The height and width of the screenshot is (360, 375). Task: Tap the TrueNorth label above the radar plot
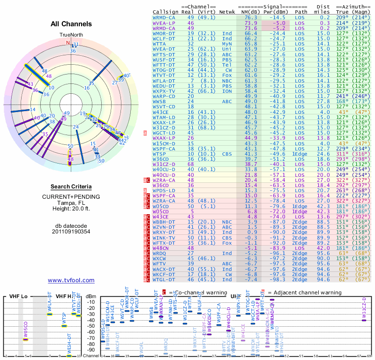pyautogui.click(x=71, y=35)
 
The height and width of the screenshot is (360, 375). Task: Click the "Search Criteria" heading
pyautogui.click(x=71, y=187)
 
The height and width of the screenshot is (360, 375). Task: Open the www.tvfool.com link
pyautogui.click(x=71, y=280)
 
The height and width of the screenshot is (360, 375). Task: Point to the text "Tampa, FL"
pyautogui.click(x=71, y=202)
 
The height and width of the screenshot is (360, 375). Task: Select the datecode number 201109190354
pyautogui.click(x=71, y=231)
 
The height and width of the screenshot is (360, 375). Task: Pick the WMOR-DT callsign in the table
pyautogui.click(x=164, y=34)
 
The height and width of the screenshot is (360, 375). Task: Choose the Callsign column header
pyautogui.click(x=165, y=12)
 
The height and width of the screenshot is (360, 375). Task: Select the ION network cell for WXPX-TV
pyautogui.click(x=227, y=90)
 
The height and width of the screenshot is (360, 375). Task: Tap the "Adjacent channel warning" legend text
pyautogui.click(x=304, y=292)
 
